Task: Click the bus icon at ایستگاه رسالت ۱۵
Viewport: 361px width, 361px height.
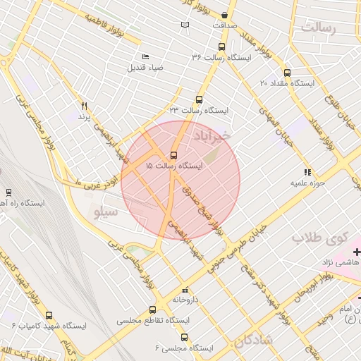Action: pyautogui.click(x=173, y=155)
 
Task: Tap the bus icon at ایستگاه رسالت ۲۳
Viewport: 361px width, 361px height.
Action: pyautogui.click(x=199, y=100)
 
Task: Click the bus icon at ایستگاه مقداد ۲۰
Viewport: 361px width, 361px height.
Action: pyautogui.click(x=286, y=72)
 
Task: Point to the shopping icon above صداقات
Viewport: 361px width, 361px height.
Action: pyautogui.click(x=225, y=15)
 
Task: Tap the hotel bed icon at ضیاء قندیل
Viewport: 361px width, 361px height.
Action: pyautogui.click(x=145, y=57)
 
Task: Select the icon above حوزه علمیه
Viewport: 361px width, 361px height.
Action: pyautogui.click(x=307, y=171)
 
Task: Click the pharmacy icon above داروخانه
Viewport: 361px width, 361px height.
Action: pyautogui.click(x=185, y=290)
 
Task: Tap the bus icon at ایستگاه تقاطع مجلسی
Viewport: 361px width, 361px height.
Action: pyautogui.click(x=152, y=310)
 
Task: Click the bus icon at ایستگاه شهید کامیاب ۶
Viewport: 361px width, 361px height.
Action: pyautogui.click(x=49, y=315)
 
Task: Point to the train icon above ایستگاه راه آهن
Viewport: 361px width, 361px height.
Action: pyautogui.click(x=8, y=192)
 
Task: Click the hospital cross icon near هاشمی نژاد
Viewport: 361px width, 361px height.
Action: pyautogui.click(x=356, y=251)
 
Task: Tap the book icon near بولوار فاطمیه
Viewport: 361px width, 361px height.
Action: pyautogui.click(x=185, y=25)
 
